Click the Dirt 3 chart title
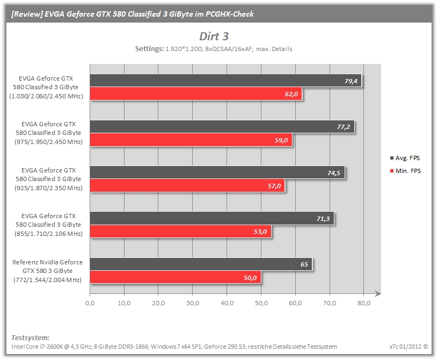click(x=214, y=37)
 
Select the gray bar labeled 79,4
click(x=225, y=81)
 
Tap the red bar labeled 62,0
click(x=196, y=93)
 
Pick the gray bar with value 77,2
click(x=222, y=127)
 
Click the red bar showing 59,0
click(x=191, y=140)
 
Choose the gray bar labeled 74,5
click(x=217, y=172)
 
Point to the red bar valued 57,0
click(x=187, y=186)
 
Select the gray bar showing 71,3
click(x=212, y=219)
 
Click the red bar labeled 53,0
click(x=181, y=232)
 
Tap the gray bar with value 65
click(x=201, y=264)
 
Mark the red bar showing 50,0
click(x=176, y=277)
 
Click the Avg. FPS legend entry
click(x=405, y=158)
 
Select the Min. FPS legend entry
click(x=405, y=171)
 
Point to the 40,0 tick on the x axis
click(x=227, y=303)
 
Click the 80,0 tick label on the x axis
click(x=364, y=303)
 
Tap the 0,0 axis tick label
click(x=90, y=303)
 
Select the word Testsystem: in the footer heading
click(x=31, y=337)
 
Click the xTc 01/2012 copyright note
click(x=408, y=347)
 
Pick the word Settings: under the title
click(x=150, y=49)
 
